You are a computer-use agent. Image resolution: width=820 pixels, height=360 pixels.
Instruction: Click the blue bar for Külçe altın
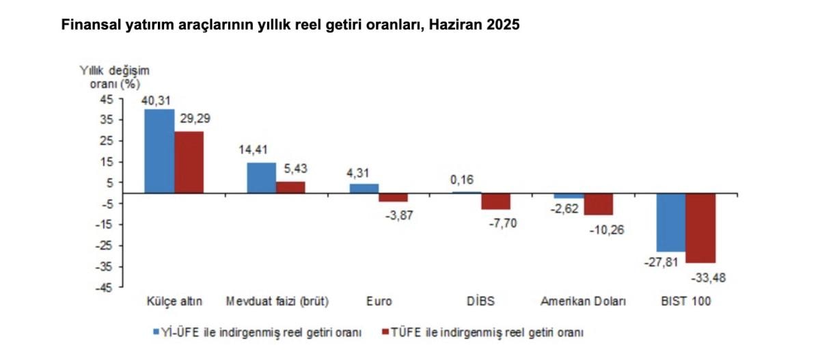[159, 151]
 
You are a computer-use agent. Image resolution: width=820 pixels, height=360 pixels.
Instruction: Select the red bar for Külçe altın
[189, 163]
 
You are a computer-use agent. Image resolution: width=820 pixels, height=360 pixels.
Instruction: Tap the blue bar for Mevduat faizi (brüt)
[261, 178]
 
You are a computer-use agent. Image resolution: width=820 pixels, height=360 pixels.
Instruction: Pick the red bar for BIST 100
[701, 228]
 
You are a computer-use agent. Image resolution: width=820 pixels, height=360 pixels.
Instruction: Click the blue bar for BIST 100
[671, 222]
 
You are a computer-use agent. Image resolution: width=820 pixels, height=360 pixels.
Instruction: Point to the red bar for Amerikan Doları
[599, 204]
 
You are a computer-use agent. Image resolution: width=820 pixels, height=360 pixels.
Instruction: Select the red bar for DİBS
[496, 201]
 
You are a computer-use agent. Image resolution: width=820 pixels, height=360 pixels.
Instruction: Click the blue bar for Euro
[364, 189]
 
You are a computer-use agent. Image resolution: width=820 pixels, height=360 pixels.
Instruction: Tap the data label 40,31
[156, 100]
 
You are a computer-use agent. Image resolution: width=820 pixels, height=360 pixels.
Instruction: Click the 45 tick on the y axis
[108, 99]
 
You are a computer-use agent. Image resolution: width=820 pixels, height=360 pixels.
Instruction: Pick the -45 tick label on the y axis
[106, 288]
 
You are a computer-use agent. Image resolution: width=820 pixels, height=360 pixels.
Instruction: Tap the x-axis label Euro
[379, 301]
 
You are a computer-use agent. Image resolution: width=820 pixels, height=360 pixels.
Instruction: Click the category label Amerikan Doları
[583, 301]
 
